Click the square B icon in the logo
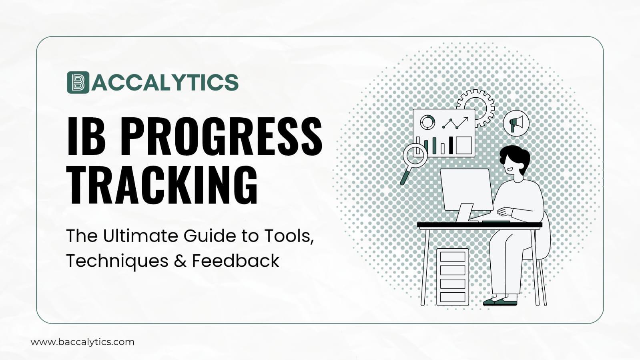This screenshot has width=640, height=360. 78,82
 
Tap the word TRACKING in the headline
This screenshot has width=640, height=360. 162,185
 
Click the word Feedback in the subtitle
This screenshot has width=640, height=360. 235,261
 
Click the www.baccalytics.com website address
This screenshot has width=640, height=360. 82,342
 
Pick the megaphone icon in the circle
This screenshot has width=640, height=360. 516,123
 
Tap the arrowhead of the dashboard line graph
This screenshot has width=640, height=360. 465,119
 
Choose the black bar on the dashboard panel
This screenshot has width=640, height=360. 451,145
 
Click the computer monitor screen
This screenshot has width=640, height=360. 466,188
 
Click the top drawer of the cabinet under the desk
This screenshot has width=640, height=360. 453,257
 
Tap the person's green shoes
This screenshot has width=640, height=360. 500,301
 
